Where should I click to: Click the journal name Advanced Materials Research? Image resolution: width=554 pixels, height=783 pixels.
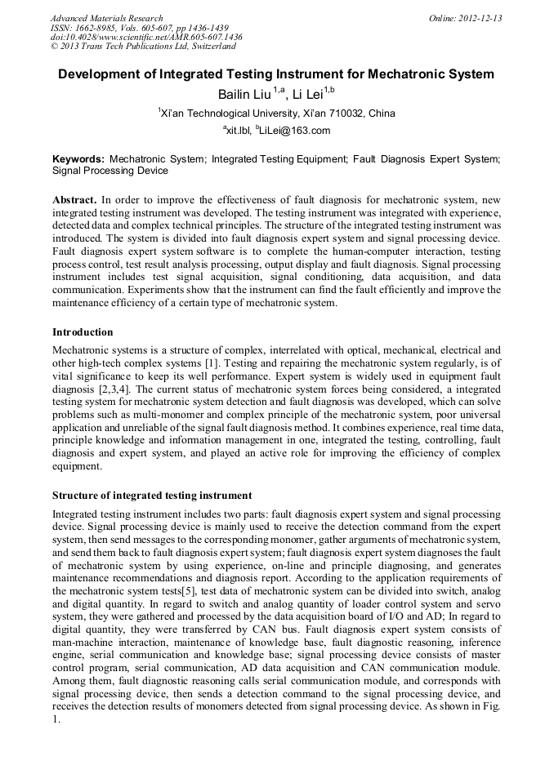[x=106, y=18]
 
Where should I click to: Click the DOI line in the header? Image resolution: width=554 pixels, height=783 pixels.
[x=146, y=38]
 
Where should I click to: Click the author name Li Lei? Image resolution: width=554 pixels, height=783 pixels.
[x=307, y=94]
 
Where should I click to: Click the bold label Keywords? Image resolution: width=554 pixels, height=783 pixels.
[x=78, y=158]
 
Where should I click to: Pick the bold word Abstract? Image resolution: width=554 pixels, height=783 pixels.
[x=75, y=200]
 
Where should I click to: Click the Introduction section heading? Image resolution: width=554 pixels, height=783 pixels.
[x=83, y=332]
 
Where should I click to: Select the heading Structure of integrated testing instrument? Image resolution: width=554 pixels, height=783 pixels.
[x=152, y=496]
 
